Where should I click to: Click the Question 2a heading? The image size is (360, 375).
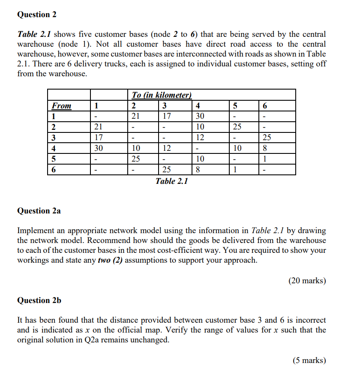(39, 210)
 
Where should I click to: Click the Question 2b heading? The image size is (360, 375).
(39, 300)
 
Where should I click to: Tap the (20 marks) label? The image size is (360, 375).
(306, 281)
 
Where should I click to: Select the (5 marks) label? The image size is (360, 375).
(309, 360)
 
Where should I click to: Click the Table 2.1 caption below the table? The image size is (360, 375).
(171, 181)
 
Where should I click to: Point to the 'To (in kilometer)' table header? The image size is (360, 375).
(161, 95)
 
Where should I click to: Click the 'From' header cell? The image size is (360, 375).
(62, 106)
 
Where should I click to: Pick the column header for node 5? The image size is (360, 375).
(235, 106)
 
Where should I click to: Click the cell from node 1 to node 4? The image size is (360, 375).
(200, 116)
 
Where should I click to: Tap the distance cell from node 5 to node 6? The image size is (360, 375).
(266, 159)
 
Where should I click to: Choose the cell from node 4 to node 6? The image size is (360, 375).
(266, 148)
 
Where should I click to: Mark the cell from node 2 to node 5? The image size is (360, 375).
(237, 127)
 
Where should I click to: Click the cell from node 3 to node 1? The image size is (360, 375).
(98, 138)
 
